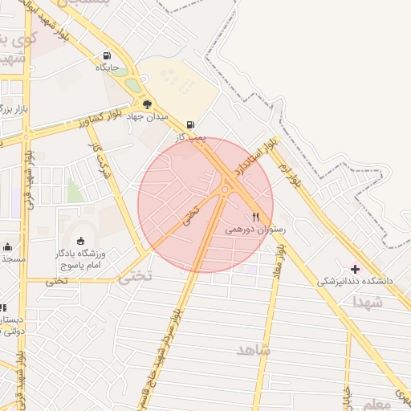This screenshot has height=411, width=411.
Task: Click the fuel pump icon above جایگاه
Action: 107,55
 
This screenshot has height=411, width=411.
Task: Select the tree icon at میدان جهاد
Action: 147,104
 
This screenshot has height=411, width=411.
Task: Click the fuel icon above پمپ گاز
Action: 190,124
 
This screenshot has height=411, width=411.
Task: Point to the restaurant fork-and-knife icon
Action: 255,216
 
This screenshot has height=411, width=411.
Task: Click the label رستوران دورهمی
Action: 254,230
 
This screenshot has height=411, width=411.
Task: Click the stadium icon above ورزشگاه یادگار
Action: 80,241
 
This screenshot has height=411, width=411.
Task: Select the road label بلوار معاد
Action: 280,261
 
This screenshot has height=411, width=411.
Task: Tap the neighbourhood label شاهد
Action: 254,351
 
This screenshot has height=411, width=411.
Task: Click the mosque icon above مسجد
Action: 7,246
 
